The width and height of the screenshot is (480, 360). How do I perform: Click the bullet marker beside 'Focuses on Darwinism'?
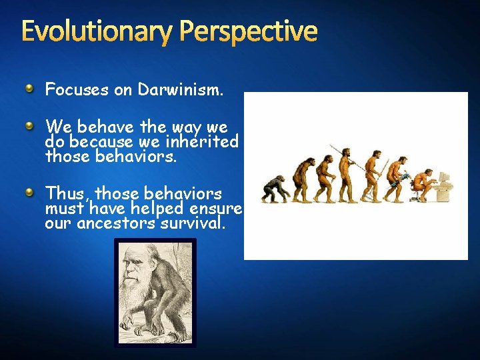[x=29, y=88]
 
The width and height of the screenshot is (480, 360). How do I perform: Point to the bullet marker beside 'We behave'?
[x=29, y=125]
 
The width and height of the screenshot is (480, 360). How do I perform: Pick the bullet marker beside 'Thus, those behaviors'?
[x=29, y=192]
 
